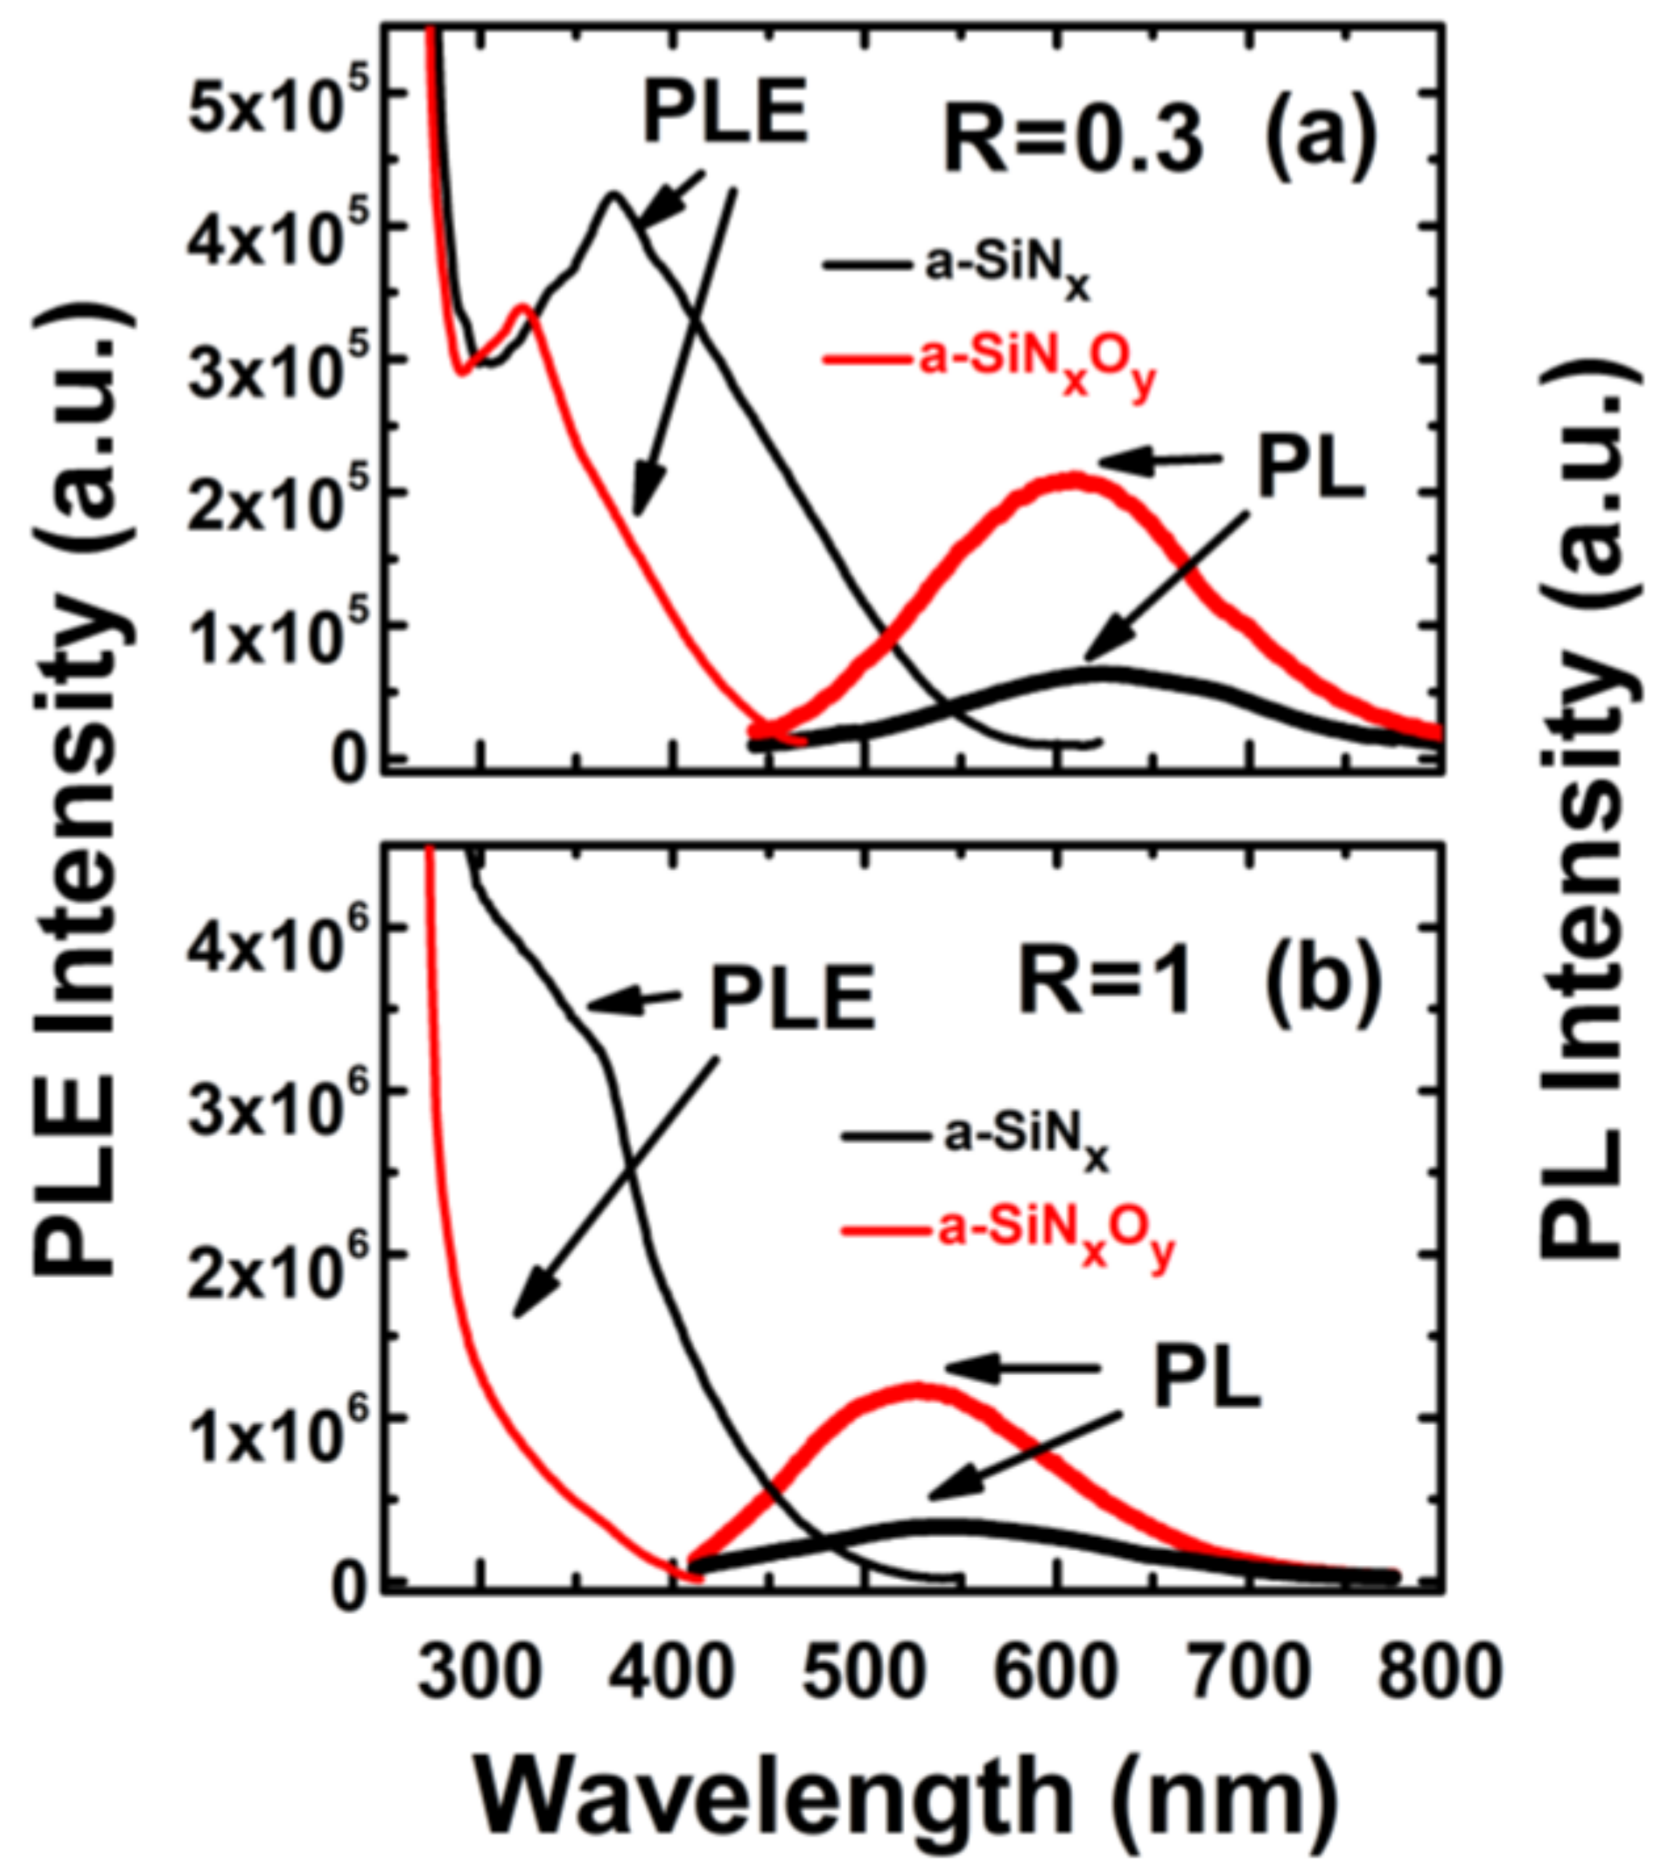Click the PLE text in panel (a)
point(725,112)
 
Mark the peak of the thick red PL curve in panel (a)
point(1073,478)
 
